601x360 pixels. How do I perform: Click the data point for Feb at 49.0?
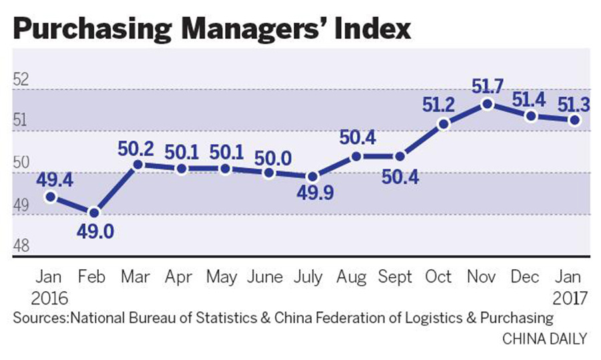click(94, 212)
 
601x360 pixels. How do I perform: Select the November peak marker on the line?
click(488, 104)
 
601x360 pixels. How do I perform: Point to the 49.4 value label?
click(51, 179)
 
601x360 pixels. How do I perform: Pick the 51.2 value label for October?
click(443, 105)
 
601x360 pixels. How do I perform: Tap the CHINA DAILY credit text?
click(544, 339)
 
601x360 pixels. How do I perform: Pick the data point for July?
click(312, 177)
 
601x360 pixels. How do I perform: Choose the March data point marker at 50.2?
click(138, 164)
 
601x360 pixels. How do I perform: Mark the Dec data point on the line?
click(532, 116)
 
